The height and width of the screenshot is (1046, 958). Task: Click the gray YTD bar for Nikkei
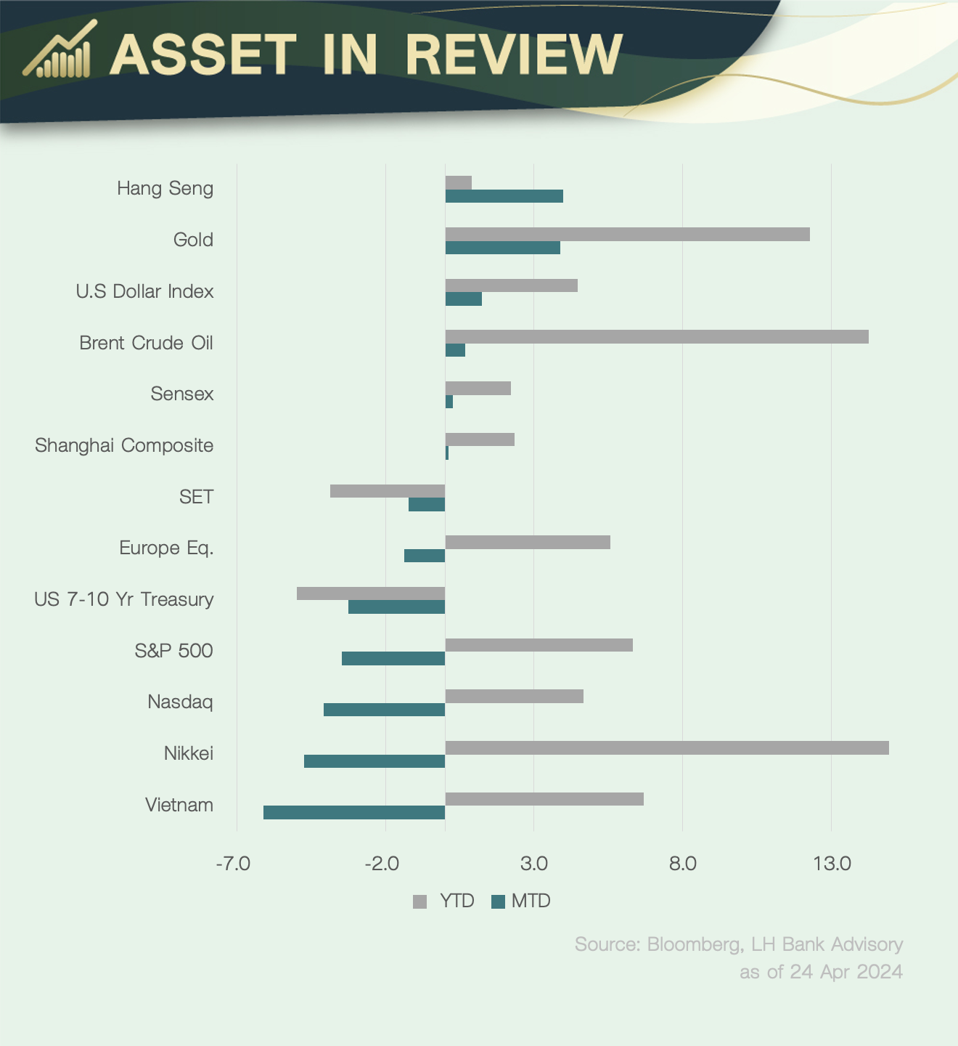click(x=666, y=747)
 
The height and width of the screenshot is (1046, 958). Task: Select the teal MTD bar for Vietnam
click(x=354, y=813)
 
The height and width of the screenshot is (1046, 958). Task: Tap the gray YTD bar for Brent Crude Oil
click(x=656, y=336)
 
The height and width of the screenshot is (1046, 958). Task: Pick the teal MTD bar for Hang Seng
click(x=504, y=196)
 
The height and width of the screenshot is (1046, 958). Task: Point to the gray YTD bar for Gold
click(x=627, y=234)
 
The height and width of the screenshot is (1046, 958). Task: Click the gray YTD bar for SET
click(x=388, y=491)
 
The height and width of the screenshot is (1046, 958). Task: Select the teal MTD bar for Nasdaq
click(x=384, y=710)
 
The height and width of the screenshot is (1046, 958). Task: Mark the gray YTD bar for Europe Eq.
click(x=528, y=542)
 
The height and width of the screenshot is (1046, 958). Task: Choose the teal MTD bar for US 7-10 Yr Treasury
click(x=396, y=607)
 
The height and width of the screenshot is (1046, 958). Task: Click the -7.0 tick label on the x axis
click(x=233, y=864)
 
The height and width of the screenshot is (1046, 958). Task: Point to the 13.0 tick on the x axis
click(x=832, y=864)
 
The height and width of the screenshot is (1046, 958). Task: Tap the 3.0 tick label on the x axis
click(x=534, y=864)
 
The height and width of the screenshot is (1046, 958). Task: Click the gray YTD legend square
click(x=419, y=901)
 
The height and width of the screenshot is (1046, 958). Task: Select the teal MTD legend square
click(x=498, y=901)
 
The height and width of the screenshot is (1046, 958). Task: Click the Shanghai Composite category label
click(x=124, y=445)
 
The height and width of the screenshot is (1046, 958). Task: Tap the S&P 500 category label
click(x=173, y=650)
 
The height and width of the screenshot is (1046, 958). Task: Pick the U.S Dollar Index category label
click(x=144, y=291)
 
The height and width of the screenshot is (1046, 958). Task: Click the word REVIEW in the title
click(x=514, y=54)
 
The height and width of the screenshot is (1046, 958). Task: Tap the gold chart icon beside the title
click(x=59, y=51)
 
